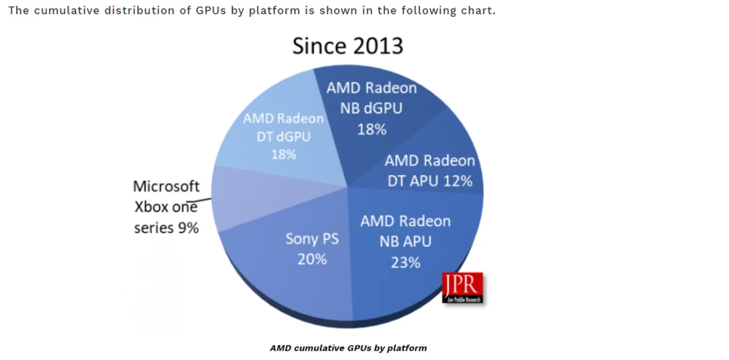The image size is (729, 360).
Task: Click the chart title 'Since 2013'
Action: point(348,46)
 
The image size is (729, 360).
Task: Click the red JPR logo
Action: point(462,287)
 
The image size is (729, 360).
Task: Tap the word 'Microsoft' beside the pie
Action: point(166,187)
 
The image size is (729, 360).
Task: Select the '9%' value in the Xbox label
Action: point(187,227)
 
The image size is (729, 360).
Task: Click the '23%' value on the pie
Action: point(405,262)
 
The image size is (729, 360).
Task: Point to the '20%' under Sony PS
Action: point(312,259)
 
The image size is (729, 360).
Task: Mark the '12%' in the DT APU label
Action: point(456,181)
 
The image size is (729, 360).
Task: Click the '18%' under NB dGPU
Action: point(371,130)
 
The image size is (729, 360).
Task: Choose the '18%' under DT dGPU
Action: point(283,154)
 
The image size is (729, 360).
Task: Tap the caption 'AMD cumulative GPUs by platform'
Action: point(348,348)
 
